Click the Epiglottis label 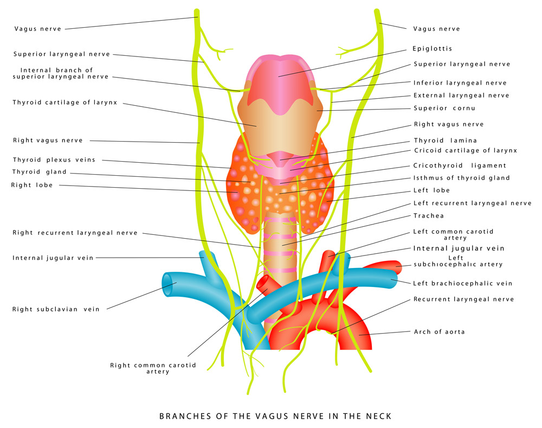tap(432, 49)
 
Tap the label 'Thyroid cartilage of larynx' tap(65, 103)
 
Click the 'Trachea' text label tap(429, 216)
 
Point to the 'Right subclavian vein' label tap(56, 310)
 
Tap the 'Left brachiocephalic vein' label tap(462, 284)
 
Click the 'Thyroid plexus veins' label tap(54, 160)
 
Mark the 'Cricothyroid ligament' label tap(460, 166)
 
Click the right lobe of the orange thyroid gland tap(241, 190)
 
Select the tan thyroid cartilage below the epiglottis tap(279, 127)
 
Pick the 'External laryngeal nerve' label tap(461, 95)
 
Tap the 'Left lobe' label tap(431, 190)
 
